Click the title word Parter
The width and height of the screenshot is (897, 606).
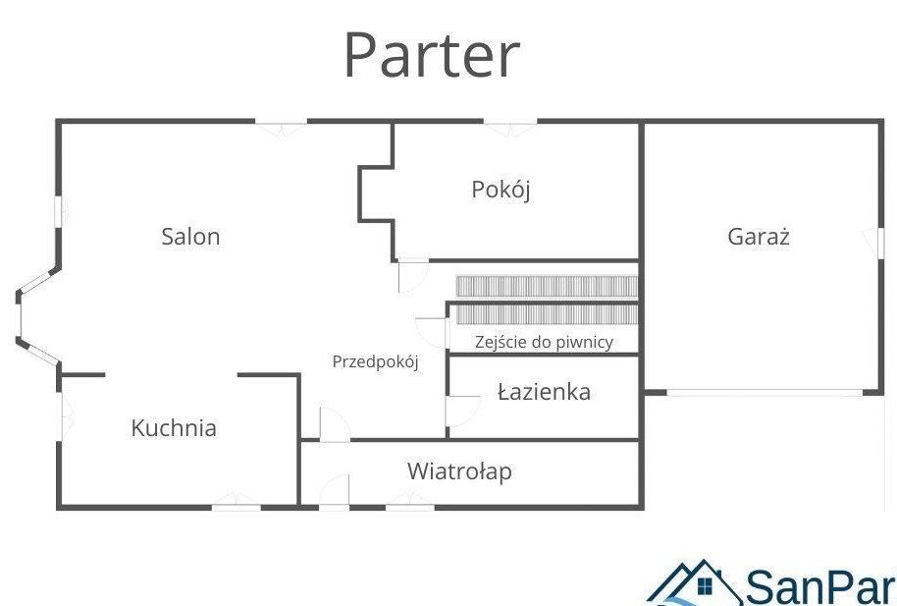431,56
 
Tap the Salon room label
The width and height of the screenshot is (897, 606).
190,237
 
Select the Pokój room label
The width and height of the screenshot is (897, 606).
501,190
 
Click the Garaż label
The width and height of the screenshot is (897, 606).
759,237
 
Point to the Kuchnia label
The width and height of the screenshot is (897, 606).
174,428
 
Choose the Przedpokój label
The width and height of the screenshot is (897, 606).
375,361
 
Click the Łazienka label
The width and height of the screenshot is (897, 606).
544,393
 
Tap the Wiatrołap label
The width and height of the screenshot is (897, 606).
459,471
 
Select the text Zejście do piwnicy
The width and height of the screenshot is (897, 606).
544,342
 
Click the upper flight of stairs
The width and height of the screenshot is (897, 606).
547,286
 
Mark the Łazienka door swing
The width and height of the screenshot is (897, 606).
456,411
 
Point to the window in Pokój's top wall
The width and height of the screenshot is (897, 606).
510,124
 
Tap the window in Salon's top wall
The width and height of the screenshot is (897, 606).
282,124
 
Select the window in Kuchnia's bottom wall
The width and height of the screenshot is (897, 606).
237,505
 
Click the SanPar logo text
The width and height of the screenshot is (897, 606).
820,586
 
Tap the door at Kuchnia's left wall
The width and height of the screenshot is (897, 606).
64,414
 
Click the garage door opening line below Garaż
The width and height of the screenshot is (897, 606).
764,394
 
